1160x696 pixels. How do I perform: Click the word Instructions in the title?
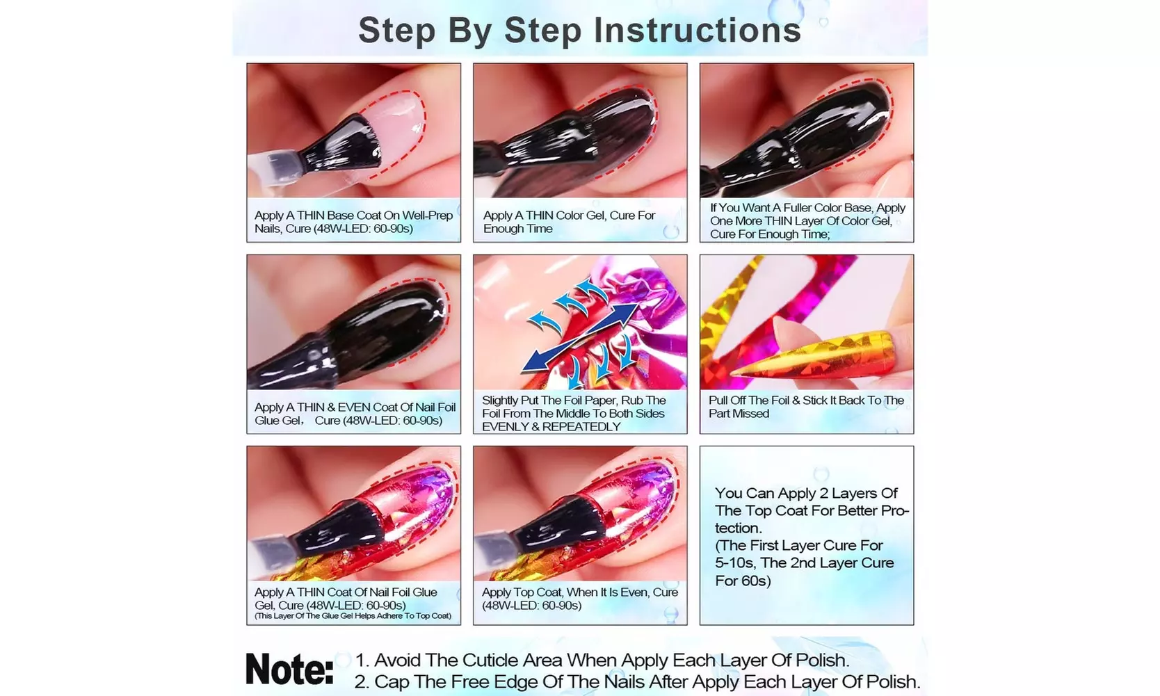(x=697, y=31)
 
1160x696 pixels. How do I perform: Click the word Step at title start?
(x=396, y=31)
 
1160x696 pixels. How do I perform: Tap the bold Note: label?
(x=289, y=669)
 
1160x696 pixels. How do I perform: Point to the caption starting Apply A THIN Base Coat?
(x=353, y=222)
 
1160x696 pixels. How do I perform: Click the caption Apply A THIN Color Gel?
(x=569, y=222)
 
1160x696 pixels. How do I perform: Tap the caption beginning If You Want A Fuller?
(x=807, y=220)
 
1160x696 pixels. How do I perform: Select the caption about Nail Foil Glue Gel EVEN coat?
(x=355, y=414)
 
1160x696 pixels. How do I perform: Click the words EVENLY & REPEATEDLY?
(x=551, y=427)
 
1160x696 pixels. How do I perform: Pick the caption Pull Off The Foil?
(x=805, y=407)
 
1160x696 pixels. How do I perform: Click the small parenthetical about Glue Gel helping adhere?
(x=353, y=616)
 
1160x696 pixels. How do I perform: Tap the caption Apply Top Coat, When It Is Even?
(x=579, y=599)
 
